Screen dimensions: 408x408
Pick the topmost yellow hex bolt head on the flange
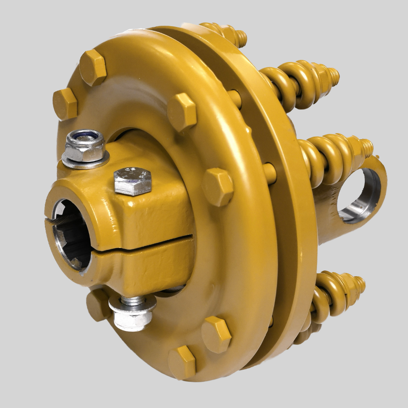coord(93,67)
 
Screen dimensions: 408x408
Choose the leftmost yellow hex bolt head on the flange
coord(65,104)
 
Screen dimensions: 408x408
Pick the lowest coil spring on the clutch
coord(326,292)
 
